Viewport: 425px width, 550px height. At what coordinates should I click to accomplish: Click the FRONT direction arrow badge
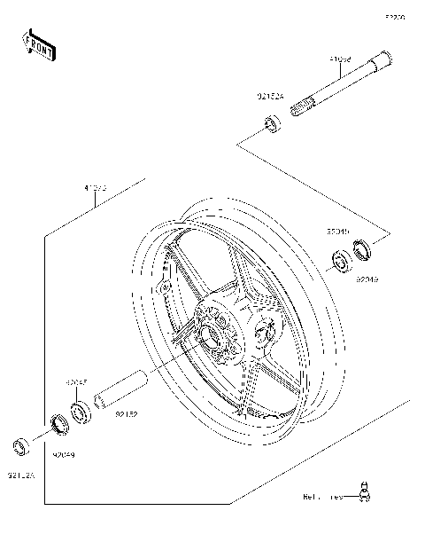38,45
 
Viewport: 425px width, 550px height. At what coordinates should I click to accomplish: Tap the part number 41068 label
340,60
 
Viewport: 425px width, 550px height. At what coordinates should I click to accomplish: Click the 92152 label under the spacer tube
127,414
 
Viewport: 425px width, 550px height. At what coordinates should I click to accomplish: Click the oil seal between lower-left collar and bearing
59,423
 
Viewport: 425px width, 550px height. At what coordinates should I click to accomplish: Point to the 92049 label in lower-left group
64,454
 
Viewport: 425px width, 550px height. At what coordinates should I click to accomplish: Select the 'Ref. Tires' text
323,497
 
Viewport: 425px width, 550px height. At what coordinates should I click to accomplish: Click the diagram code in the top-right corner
393,17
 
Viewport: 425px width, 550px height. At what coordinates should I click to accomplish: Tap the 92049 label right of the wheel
367,279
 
